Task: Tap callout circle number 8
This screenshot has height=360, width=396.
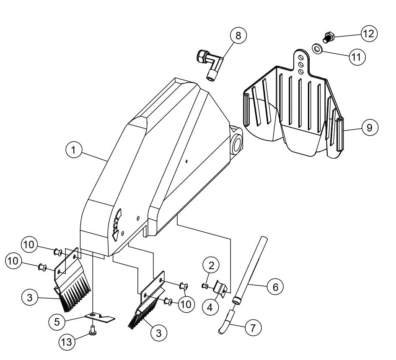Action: pyautogui.click(x=238, y=36)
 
